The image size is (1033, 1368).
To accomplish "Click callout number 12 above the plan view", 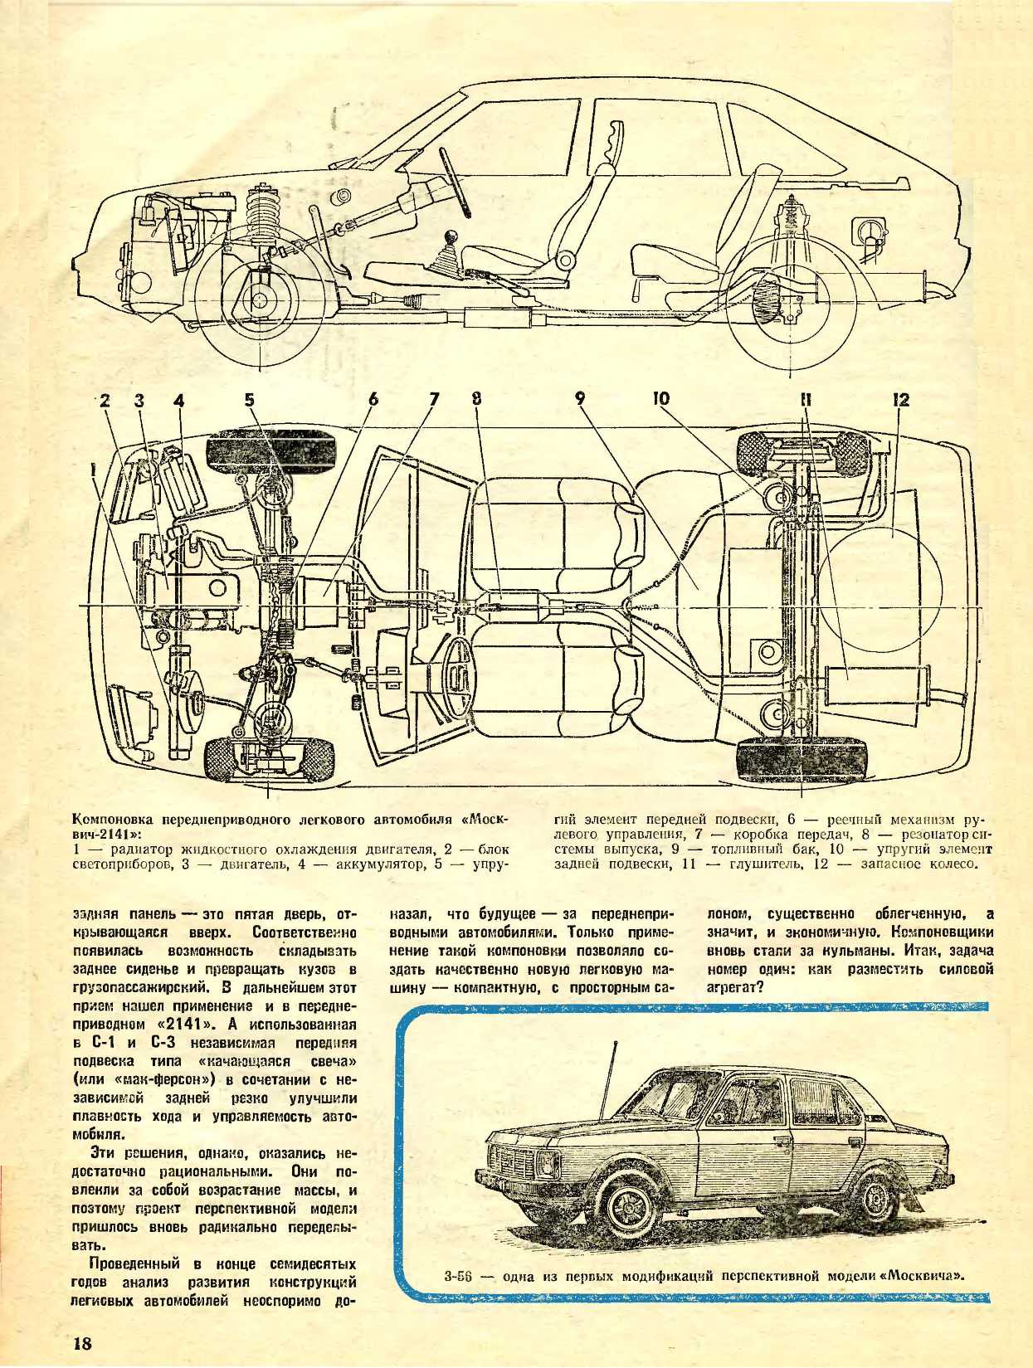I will (x=900, y=400).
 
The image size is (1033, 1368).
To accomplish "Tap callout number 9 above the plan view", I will (x=580, y=400).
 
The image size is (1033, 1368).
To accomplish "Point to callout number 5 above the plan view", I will (x=250, y=400).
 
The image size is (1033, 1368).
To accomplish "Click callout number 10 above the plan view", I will (x=660, y=398).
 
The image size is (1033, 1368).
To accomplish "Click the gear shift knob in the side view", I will (x=453, y=239).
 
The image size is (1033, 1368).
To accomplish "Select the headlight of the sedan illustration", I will (x=548, y=1163).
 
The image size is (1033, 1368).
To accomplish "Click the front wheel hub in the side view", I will (x=259, y=300).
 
